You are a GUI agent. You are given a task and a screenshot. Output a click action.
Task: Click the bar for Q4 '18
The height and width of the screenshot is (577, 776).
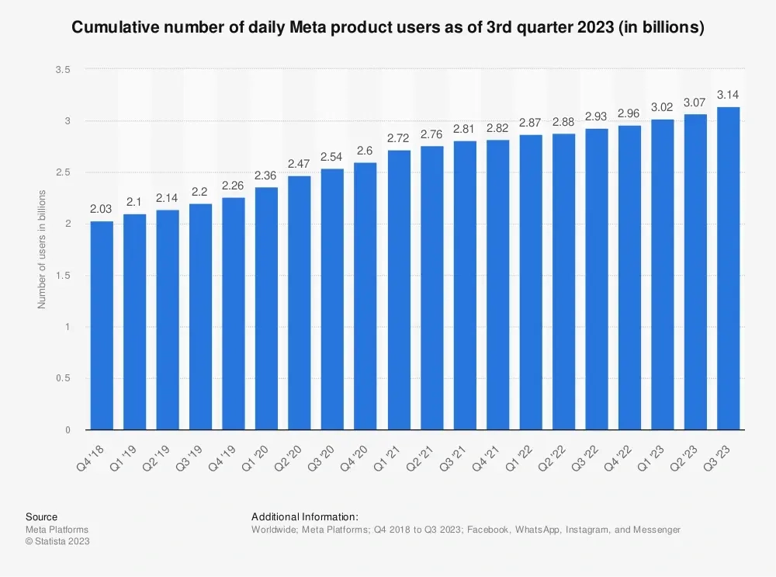[x=102, y=325]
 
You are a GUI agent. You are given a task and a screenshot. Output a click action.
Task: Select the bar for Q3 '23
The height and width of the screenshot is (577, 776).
[x=729, y=268]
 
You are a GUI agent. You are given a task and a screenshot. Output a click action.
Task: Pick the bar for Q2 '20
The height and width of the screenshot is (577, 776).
[x=300, y=303]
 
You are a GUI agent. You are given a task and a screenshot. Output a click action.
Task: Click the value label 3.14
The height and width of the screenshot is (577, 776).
[x=729, y=95]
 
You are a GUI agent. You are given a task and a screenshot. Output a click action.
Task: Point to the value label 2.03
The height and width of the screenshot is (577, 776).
[x=102, y=209]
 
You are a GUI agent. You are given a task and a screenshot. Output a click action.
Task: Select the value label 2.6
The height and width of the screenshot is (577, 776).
[x=365, y=151]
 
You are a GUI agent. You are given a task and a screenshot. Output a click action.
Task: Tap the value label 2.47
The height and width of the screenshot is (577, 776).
[x=300, y=164]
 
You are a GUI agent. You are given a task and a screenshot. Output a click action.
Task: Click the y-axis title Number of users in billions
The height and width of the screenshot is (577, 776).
[x=42, y=249]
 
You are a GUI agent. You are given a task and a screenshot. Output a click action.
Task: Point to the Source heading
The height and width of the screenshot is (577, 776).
[x=41, y=516]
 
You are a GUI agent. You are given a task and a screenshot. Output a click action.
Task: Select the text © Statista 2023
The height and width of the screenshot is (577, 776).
[x=57, y=542]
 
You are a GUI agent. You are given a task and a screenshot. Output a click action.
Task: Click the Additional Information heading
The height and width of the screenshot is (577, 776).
[x=305, y=516]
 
